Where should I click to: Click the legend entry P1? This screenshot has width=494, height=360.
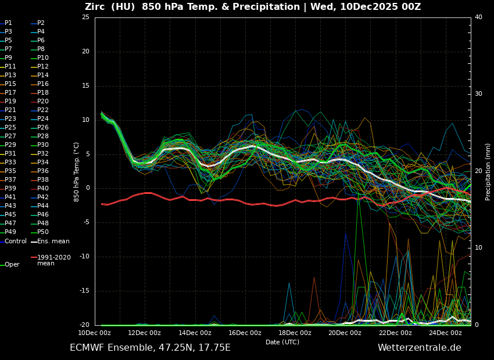8,23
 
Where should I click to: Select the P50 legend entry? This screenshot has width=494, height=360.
42,232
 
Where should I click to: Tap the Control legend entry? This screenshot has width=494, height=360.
16,241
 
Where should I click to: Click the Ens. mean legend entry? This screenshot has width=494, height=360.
53,241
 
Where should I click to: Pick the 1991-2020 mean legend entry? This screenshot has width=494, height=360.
53,260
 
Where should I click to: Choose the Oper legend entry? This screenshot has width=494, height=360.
12,265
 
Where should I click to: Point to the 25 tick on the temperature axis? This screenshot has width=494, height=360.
85,17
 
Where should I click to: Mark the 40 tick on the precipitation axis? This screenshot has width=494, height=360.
478,17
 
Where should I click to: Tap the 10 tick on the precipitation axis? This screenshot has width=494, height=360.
478,248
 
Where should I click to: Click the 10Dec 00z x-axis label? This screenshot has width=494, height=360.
94,333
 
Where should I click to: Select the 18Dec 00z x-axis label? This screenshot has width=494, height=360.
295,333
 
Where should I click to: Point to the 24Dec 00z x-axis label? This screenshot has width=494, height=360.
445,333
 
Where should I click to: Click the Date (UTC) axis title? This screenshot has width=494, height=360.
282,343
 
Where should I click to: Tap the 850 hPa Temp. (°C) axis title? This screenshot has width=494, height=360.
77,172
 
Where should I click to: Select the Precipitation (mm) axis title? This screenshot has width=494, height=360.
488,172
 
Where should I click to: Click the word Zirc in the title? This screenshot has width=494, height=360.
96,7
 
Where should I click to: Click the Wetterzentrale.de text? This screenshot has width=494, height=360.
419,348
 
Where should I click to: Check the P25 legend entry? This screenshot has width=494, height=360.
10,128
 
